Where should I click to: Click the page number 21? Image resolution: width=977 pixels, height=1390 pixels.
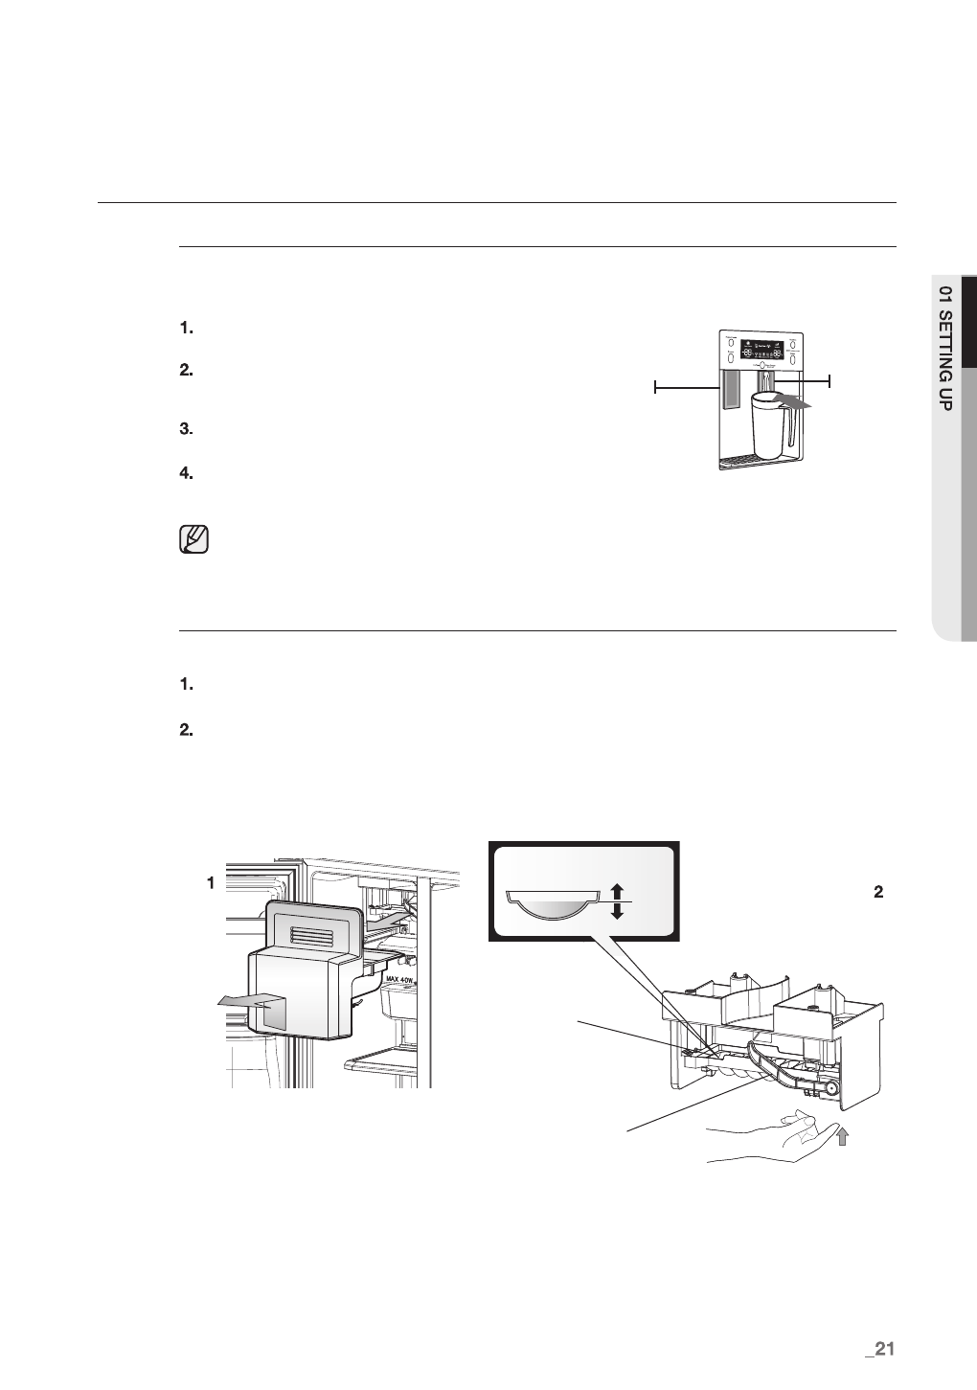pyautogui.click(x=878, y=1349)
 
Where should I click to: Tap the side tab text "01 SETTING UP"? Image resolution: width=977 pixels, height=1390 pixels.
pyautogui.click(x=945, y=348)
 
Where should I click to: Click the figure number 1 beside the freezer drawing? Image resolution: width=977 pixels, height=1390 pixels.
pyautogui.click(x=211, y=883)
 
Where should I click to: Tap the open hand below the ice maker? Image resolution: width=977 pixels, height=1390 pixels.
pyautogui.click(x=776, y=1138)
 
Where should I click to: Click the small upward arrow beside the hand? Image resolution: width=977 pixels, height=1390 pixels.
pyautogui.click(x=841, y=1136)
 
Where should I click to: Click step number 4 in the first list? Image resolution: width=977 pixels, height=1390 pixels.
pyautogui.click(x=187, y=473)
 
